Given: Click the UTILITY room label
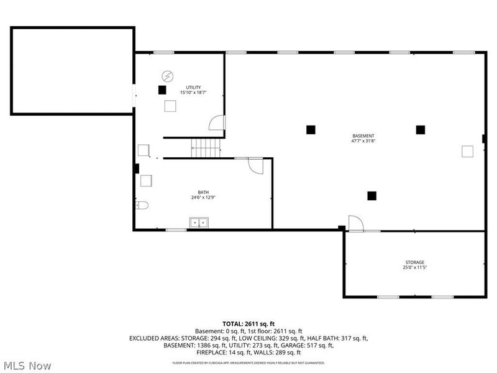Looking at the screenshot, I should tap(193, 87).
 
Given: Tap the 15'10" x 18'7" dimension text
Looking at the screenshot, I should tap(193, 93).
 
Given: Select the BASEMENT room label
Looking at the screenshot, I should tap(363, 136).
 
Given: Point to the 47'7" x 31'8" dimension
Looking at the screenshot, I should tap(363, 141).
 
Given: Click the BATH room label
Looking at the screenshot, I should tap(203, 192).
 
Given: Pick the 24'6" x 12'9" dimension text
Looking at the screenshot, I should tap(203, 198).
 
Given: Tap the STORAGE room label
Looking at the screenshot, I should tap(416, 262).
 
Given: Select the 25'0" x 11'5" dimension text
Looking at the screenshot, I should tap(416, 268).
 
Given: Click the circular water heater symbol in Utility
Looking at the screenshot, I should tap(167, 76).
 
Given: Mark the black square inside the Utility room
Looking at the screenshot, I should tap(162, 90).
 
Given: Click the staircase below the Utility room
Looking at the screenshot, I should tap(206, 148).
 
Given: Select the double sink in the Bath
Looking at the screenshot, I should tap(199, 222).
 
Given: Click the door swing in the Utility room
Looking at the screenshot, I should tap(216, 123).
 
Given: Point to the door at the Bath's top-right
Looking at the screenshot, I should tap(255, 165).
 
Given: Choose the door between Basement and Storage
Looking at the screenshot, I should tap(355, 223).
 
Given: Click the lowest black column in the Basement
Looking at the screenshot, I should tap(372, 195).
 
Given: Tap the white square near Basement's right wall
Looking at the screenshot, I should tap(467, 150).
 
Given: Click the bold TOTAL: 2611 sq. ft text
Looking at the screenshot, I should tap(248, 324).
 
